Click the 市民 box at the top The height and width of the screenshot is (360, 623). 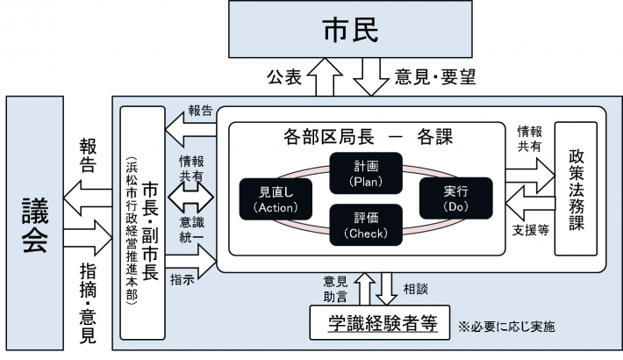click(349, 32)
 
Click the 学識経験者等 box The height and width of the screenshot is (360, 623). click(378, 322)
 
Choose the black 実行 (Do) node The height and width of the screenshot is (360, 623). click(456, 196)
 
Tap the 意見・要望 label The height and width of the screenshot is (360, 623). click(437, 77)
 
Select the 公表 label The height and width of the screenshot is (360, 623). click(283, 77)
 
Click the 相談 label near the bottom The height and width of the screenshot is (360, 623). click(415, 287)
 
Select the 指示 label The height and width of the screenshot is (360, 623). click(182, 279)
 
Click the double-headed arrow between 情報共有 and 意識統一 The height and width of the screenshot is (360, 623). click(196, 191)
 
